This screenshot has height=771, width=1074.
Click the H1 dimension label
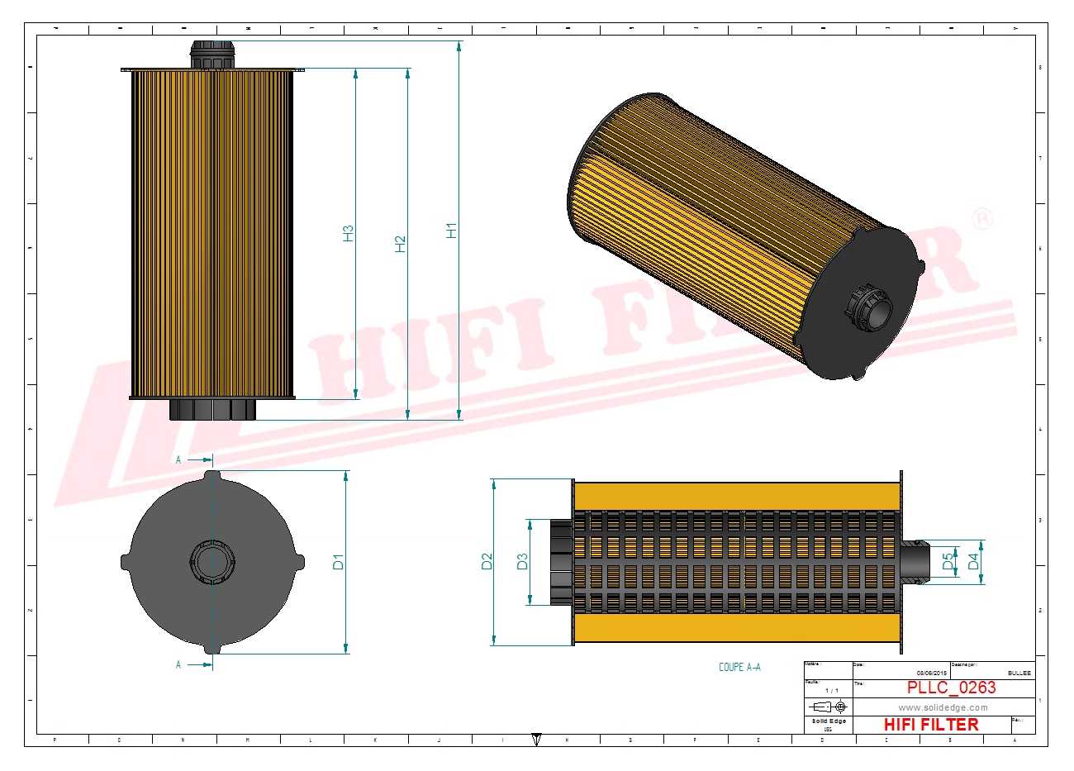452,231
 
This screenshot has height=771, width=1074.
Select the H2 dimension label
401,244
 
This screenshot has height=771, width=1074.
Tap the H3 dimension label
349,233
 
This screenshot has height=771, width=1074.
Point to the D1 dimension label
338,562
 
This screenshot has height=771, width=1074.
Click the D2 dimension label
487,561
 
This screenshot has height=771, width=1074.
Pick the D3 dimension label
522,562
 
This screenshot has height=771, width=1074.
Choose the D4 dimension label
973,561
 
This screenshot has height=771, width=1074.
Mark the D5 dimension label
948,561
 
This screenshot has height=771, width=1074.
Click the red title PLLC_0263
951,688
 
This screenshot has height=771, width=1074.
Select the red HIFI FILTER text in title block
931,725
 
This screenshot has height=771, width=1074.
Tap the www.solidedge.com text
943,707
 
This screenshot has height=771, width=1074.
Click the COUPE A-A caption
739,667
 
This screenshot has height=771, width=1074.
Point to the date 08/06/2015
931,673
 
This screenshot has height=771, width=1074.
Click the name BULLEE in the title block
1019,673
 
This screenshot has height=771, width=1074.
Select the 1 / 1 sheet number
831,690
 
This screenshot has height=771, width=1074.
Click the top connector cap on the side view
213,55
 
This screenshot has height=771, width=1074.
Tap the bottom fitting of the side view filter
213,410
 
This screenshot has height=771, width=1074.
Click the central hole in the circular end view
213,563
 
